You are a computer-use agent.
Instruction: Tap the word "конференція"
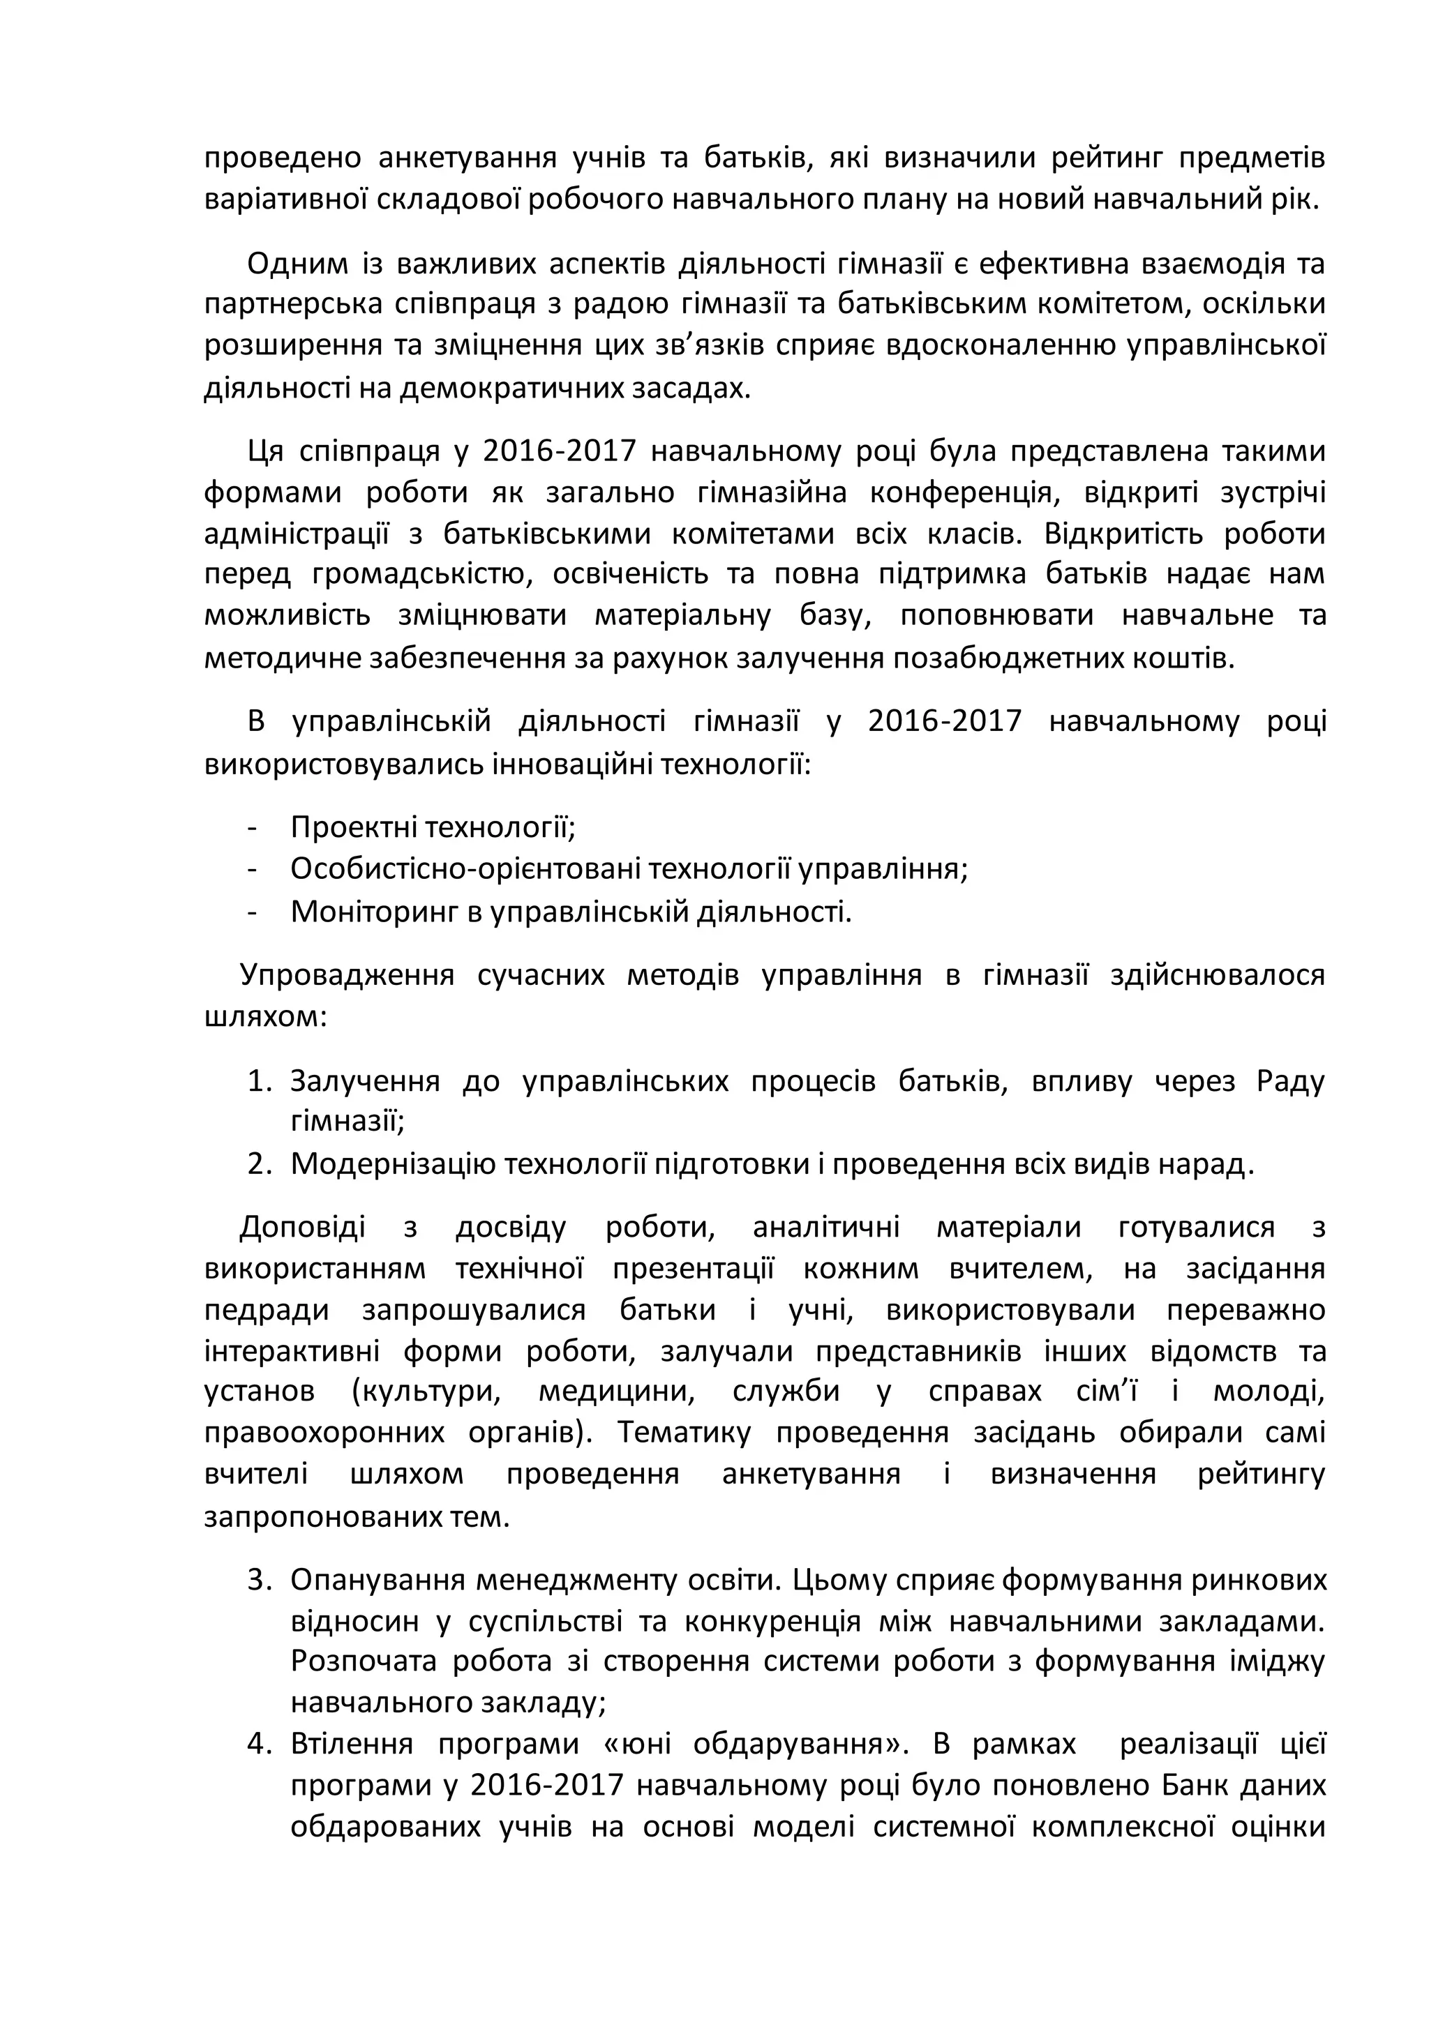pyautogui.click(x=962, y=492)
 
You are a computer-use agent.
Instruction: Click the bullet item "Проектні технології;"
pyautogui.click(x=433, y=827)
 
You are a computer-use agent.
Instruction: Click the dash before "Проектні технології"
pyautogui.click(x=253, y=828)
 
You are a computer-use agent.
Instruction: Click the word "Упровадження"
pyautogui.click(x=347, y=976)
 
